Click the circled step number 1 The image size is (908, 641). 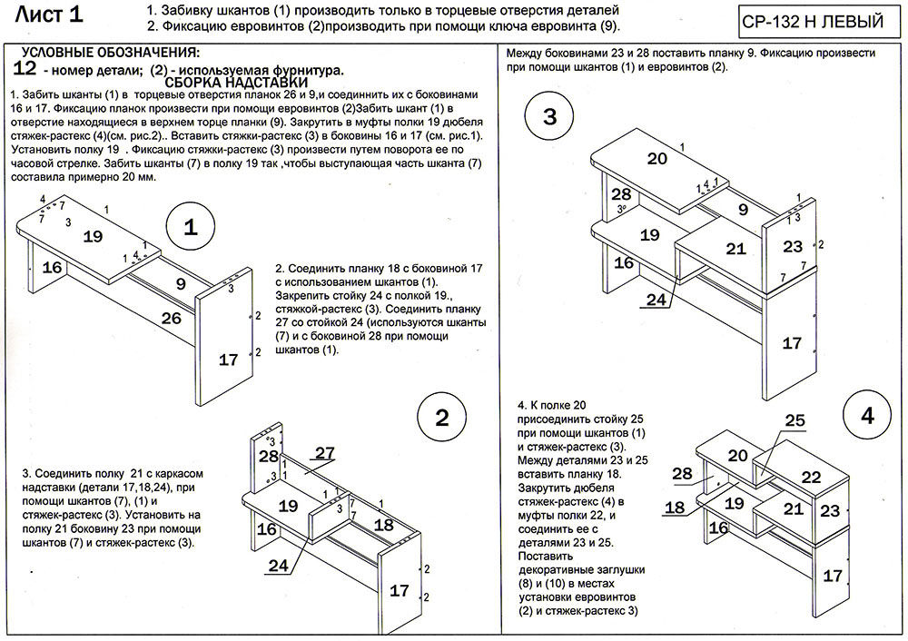pyautogui.click(x=191, y=227)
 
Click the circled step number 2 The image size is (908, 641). pyautogui.click(x=442, y=417)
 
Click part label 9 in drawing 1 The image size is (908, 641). pyautogui.click(x=182, y=284)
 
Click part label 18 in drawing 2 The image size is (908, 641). pyautogui.click(x=383, y=524)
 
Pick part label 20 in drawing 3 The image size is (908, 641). pyautogui.click(x=657, y=159)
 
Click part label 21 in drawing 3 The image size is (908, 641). pyautogui.click(x=735, y=249)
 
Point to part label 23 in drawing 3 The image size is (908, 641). pyautogui.click(x=793, y=246)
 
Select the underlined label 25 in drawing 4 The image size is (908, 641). pyautogui.click(x=794, y=420)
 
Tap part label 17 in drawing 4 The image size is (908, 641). pyautogui.click(x=832, y=575)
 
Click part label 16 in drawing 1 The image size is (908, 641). pyautogui.click(x=52, y=267)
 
